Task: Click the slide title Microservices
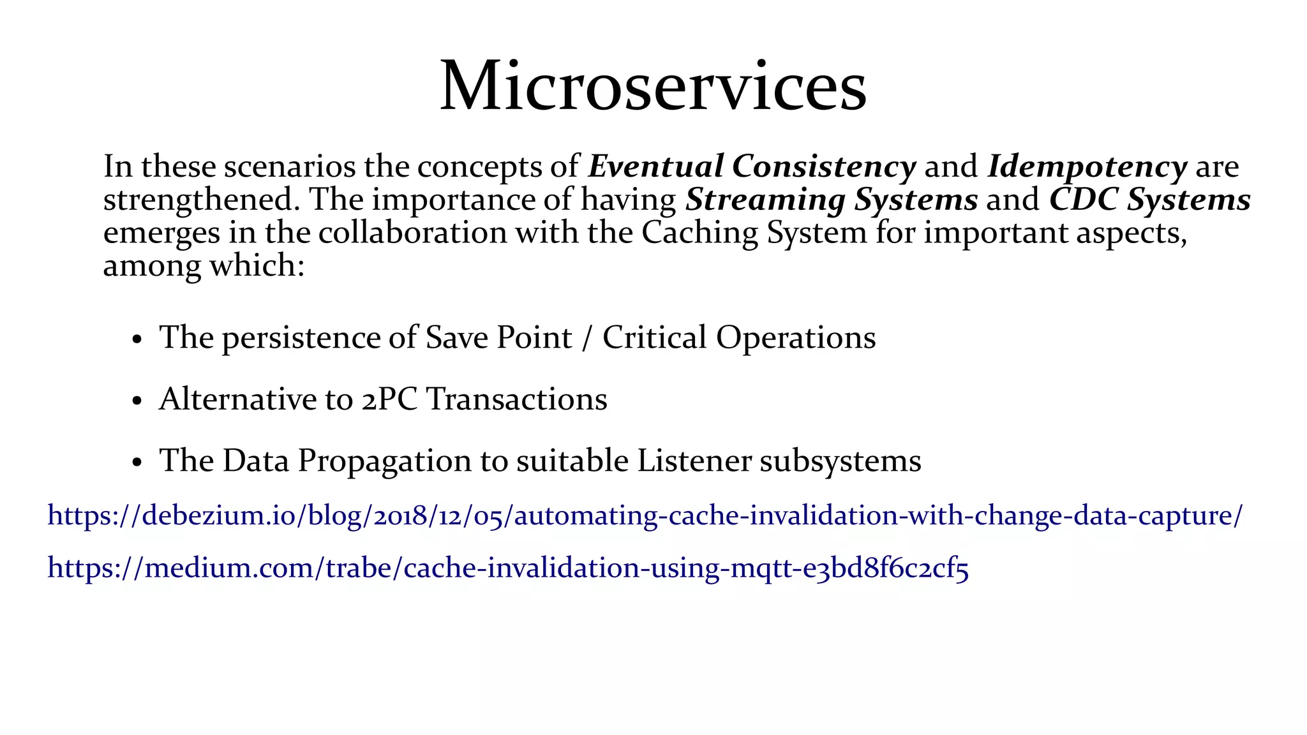coord(653,86)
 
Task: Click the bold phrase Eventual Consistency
coord(752,167)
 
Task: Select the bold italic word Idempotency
coord(1087,167)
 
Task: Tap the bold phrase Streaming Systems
coord(831,200)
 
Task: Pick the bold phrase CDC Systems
coord(1149,200)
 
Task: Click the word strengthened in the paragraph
coord(202,200)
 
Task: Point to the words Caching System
coord(754,232)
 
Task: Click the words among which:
coord(204,265)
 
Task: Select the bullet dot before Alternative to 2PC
coord(136,402)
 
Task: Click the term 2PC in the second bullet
coord(389,400)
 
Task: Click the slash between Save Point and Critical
coord(587,338)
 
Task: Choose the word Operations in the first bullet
coord(795,338)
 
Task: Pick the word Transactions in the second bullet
coord(516,400)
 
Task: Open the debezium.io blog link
coord(645,516)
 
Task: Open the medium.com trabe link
coord(508,568)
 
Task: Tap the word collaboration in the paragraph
coord(412,232)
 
